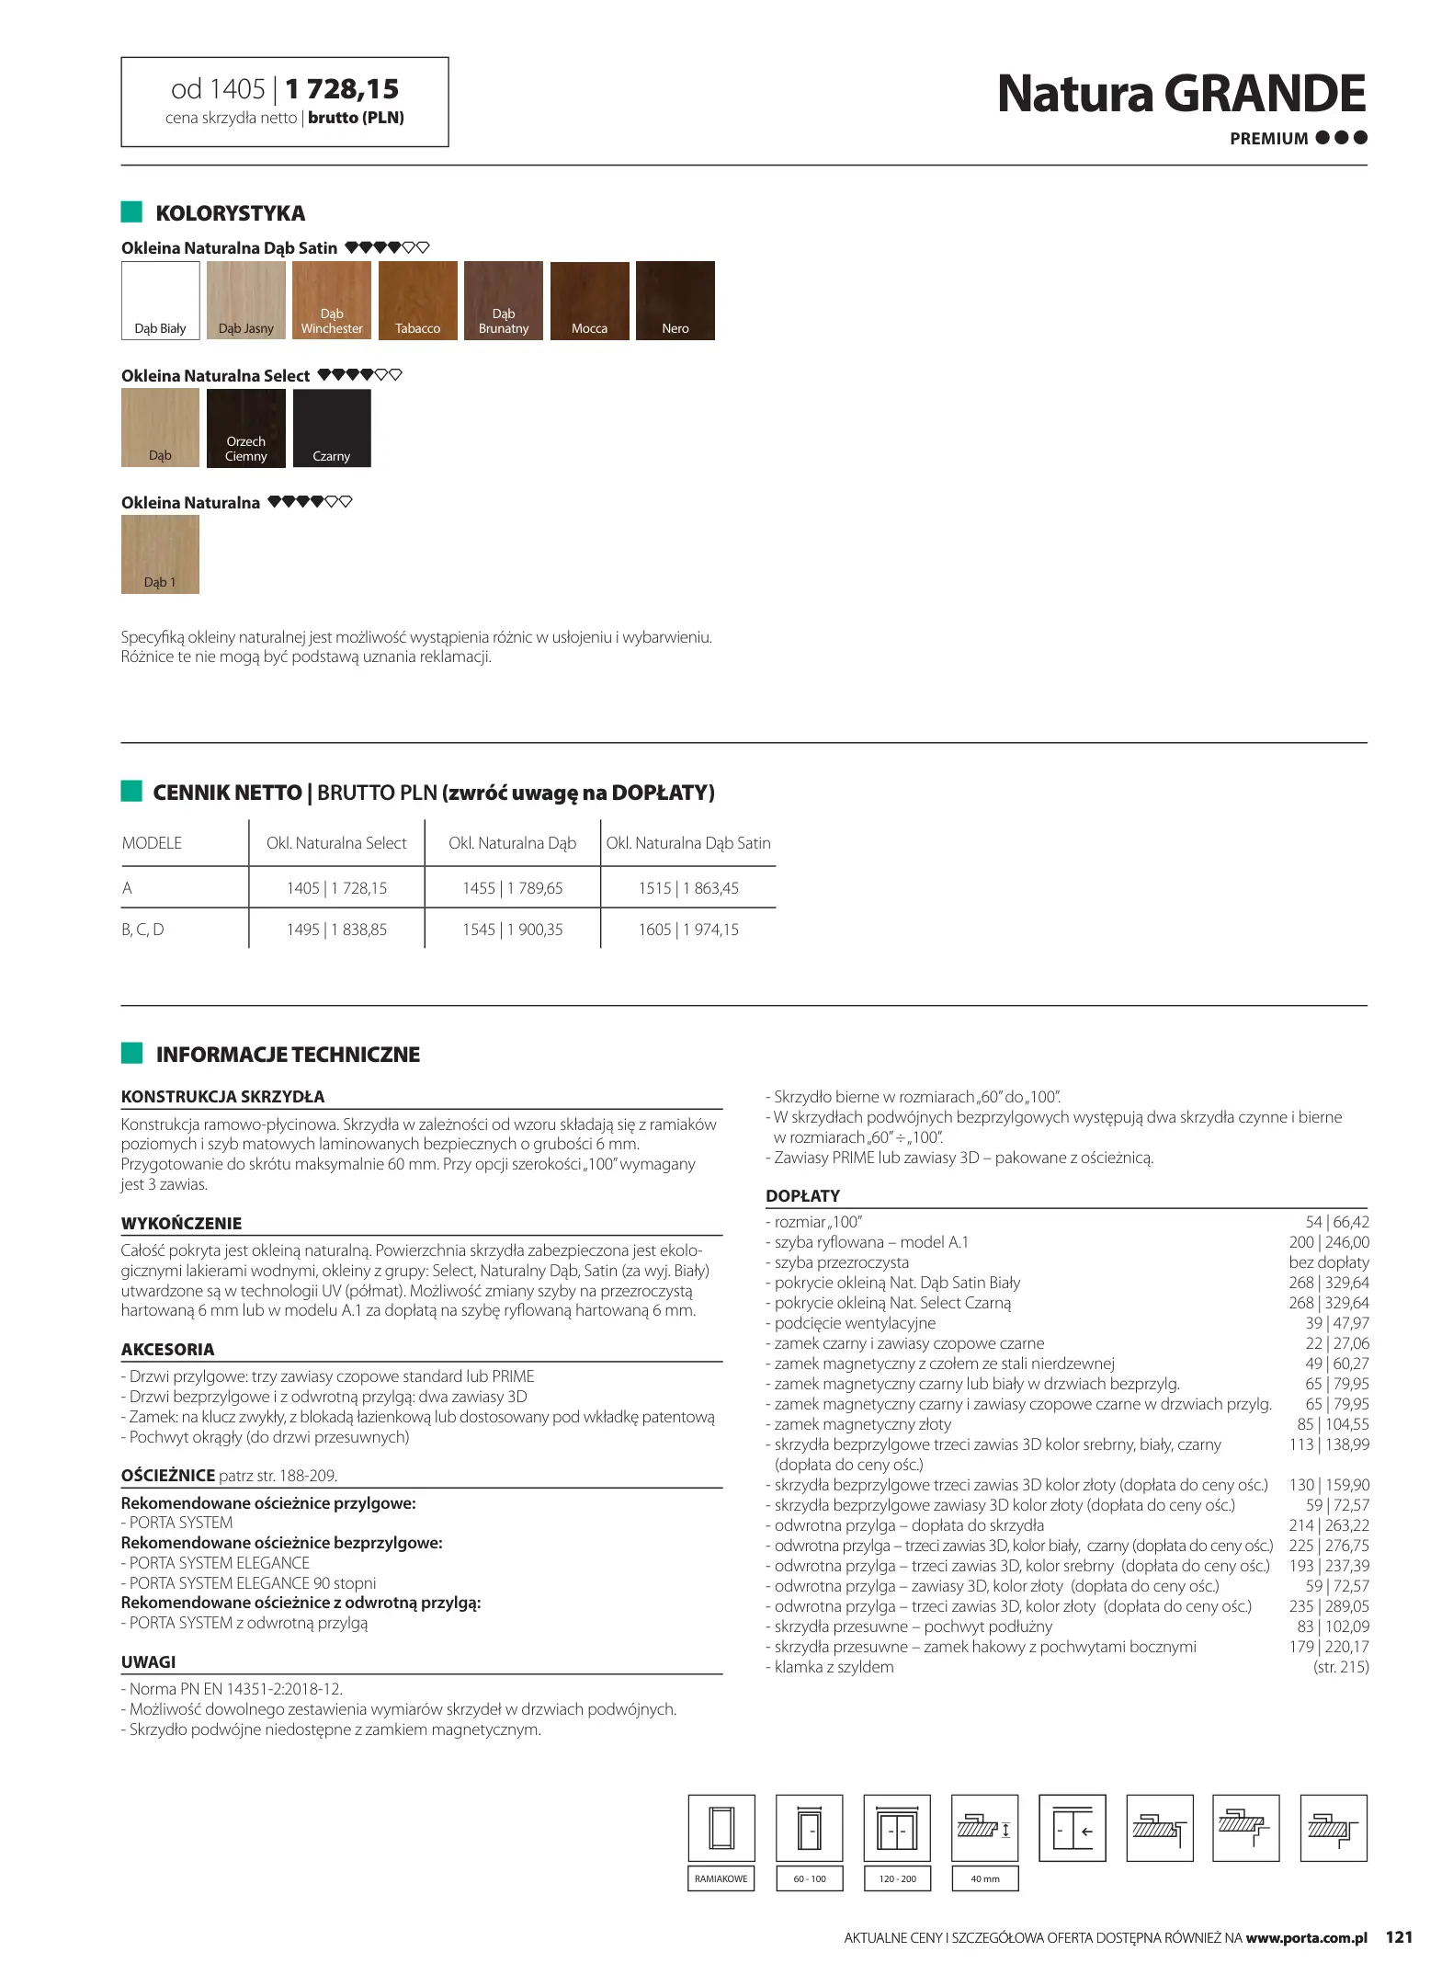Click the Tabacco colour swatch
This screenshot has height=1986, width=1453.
click(x=417, y=301)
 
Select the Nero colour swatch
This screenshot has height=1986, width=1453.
click(x=675, y=301)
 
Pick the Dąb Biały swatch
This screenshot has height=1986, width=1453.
click(x=160, y=301)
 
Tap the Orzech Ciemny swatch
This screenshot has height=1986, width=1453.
click(x=245, y=428)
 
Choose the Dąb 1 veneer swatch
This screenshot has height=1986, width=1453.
click(x=160, y=554)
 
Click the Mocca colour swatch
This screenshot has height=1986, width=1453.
click(x=589, y=301)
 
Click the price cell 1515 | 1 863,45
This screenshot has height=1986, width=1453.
click(x=688, y=888)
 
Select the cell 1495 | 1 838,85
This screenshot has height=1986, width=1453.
click(x=336, y=930)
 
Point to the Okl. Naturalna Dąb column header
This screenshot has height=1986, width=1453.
click(x=512, y=843)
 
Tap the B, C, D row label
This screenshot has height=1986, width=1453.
click(x=142, y=930)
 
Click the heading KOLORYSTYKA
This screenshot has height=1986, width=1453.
click(x=230, y=213)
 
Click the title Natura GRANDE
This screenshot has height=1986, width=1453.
click(x=1181, y=94)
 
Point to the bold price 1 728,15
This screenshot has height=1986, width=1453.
click(x=342, y=89)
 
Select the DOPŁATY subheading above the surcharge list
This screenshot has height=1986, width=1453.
click(x=802, y=1195)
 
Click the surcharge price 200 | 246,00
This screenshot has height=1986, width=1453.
click(x=1328, y=1242)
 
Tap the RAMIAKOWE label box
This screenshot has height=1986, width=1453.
click(x=721, y=1878)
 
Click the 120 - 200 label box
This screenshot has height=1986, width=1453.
click(x=897, y=1878)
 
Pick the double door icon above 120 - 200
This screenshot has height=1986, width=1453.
click(x=897, y=1828)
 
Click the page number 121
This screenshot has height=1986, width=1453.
click(x=1398, y=1937)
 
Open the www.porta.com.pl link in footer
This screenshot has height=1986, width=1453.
click(x=1306, y=1938)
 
